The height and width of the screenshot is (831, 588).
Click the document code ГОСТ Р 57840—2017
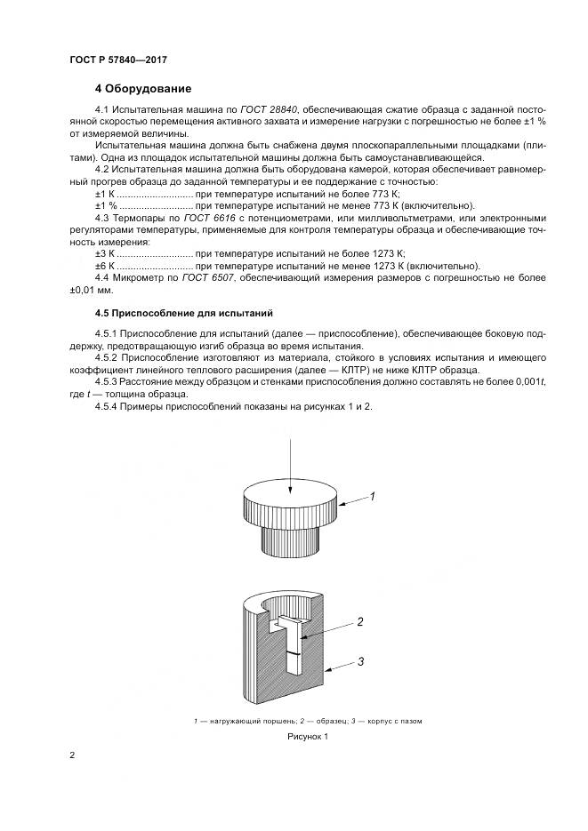118,60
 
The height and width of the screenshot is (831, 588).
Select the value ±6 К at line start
105,266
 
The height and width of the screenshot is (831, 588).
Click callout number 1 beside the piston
373,497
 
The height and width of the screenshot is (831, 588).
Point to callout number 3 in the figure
361,660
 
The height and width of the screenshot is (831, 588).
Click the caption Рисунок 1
308,737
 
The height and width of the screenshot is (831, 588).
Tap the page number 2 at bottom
72,755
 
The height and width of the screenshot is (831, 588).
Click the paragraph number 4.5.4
107,406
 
